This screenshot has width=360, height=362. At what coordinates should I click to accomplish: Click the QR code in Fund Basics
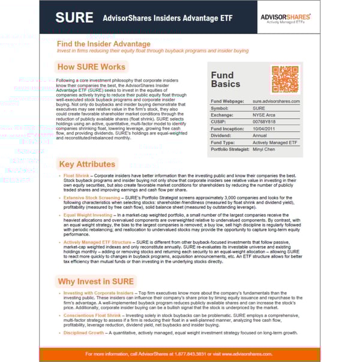(x=285, y=79)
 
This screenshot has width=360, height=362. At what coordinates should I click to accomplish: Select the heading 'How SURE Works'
(x=91, y=67)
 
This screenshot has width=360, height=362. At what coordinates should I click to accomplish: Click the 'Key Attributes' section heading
(x=88, y=164)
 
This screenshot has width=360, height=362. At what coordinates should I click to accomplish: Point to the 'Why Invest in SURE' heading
(x=96, y=281)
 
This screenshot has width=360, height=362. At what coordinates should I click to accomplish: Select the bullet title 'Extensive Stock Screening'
(x=90, y=197)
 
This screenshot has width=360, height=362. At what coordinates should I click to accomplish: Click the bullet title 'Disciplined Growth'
(x=83, y=332)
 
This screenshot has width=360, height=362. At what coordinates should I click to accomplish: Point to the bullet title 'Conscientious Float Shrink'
(x=92, y=315)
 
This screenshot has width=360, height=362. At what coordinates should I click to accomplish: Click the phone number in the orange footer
(x=182, y=354)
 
